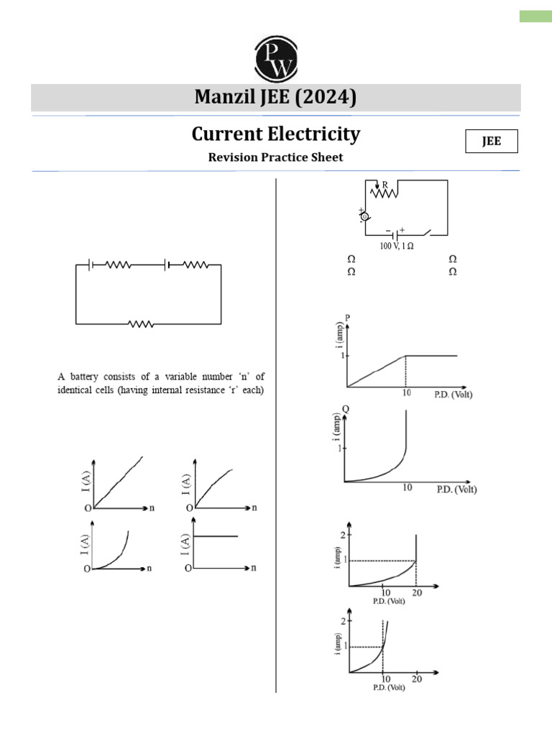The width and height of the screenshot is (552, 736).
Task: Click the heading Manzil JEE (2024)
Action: point(276,97)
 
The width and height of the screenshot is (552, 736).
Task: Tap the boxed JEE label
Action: point(492,142)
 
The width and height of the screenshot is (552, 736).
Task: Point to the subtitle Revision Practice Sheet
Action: point(276,157)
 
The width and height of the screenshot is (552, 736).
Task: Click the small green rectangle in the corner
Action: point(535,16)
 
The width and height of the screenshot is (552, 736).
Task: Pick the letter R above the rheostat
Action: point(385,185)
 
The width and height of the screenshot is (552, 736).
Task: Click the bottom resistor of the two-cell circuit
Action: point(141,323)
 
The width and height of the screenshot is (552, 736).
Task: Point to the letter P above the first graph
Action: point(347,317)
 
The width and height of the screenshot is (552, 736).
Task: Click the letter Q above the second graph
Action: point(346,408)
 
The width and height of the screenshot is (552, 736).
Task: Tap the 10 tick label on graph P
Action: point(406,394)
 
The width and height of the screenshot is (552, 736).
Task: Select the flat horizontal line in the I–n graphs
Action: point(216,535)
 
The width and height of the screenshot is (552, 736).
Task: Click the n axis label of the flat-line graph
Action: point(254,568)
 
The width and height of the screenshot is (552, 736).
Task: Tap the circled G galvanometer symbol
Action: point(364,216)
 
